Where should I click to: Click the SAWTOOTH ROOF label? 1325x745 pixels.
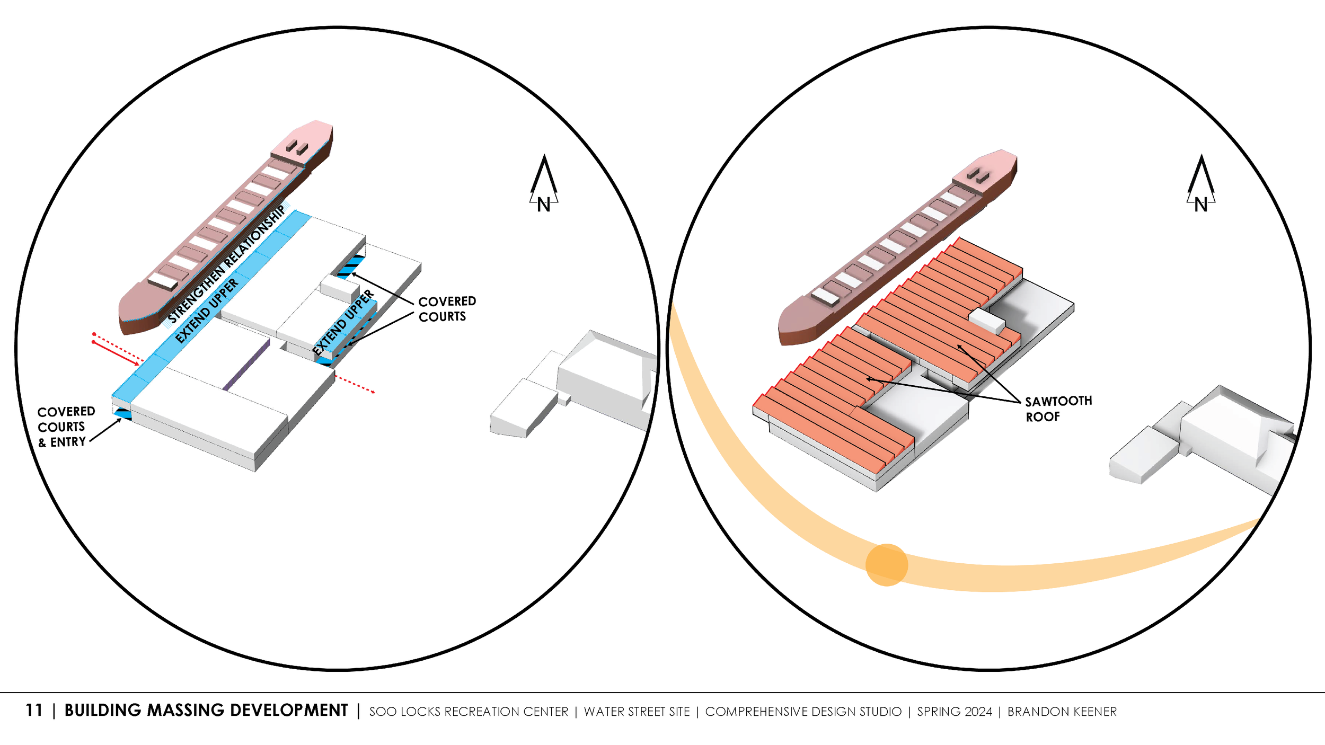[1058, 409]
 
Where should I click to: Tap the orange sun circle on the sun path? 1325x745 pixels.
[887, 565]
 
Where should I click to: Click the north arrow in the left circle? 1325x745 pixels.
[544, 183]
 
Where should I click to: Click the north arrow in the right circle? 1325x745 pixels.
[1201, 183]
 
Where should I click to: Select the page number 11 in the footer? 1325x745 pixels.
[34, 711]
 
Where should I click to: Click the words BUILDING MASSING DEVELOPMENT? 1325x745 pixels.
[206, 711]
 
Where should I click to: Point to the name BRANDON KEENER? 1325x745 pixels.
[1062, 712]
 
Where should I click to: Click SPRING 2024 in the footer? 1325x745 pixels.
[955, 712]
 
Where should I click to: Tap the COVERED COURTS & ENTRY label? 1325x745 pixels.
[65, 427]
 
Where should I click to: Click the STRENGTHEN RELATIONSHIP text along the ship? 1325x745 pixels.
[227, 264]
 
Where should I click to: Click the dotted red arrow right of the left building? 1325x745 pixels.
[355, 385]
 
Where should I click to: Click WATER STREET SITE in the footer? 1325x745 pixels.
[637, 712]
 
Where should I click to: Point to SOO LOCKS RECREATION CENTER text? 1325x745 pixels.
[469, 712]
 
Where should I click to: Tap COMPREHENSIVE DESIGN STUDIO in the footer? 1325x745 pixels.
[803, 712]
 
